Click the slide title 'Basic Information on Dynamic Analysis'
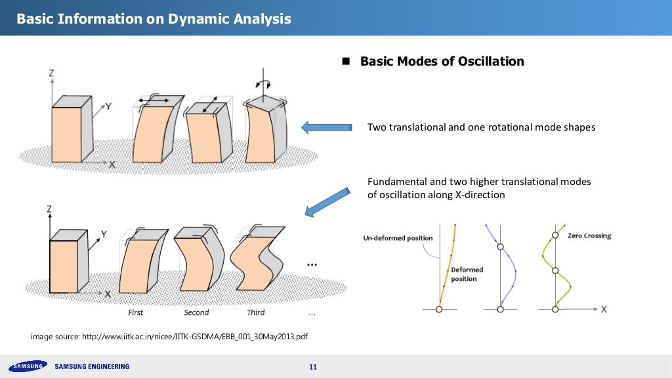click(x=154, y=19)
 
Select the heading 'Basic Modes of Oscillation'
click(x=442, y=61)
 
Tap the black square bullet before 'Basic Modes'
click(x=346, y=61)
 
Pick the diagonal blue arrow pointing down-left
click(x=327, y=200)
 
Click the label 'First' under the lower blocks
click(x=136, y=312)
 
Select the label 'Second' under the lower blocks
click(x=196, y=312)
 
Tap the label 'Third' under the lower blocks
click(x=255, y=312)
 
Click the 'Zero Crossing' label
click(x=589, y=236)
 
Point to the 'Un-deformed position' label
click(x=398, y=238)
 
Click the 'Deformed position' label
click(x=467, y=274)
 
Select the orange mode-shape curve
click(x=446, y=269)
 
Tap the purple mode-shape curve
click(x=505, y=269)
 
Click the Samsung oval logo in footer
click(x=27, y=366)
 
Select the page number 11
click(x=312, y=366)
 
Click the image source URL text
click(x=170, y=337)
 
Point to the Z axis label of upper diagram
click(x=51, y=74)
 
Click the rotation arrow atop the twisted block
click(x=262, y=84)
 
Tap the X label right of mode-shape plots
click(x=603, y=308)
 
